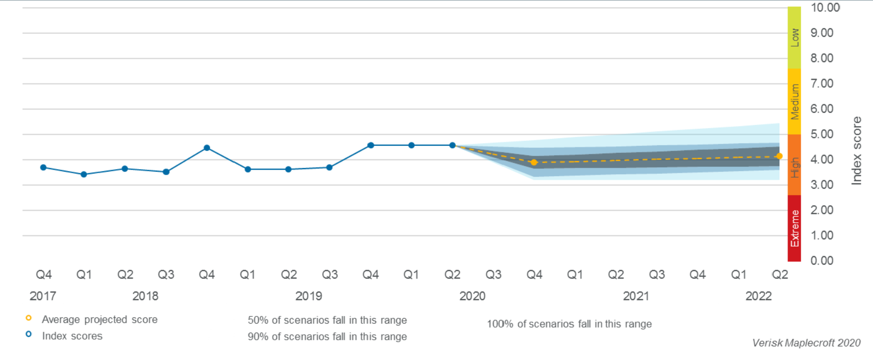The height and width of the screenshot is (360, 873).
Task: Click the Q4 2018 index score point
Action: (206, 148)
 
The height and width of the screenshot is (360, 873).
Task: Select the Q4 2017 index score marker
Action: (43, 168)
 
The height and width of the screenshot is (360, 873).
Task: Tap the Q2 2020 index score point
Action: (452, 145)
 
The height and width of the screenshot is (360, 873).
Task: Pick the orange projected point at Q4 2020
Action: (534, 163)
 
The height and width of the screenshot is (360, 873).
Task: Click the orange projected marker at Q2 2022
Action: (779, 156)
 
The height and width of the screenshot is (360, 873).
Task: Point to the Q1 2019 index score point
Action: (247, 170)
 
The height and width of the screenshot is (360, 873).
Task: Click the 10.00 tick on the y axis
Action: (824, 8)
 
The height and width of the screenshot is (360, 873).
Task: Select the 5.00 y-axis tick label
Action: (822, 134)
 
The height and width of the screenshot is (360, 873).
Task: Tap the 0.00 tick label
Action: (822, 261)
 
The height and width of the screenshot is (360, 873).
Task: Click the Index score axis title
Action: (856, 151)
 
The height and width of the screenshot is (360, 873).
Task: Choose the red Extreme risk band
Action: (795, 228)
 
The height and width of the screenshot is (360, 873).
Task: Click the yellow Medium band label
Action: (795, 101)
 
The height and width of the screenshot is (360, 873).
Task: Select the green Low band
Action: (795, 37)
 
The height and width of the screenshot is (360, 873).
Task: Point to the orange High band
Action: (795, 165)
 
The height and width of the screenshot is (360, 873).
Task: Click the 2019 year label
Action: (309, 296)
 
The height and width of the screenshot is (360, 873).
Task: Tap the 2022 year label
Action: (758, 296)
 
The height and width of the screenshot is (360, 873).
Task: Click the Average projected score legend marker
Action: (29, 318)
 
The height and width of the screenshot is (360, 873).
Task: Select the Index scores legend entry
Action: (72, 336)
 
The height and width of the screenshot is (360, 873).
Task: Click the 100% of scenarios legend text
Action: (569, 324)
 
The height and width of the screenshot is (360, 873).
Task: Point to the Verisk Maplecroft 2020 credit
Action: (806, 343)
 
